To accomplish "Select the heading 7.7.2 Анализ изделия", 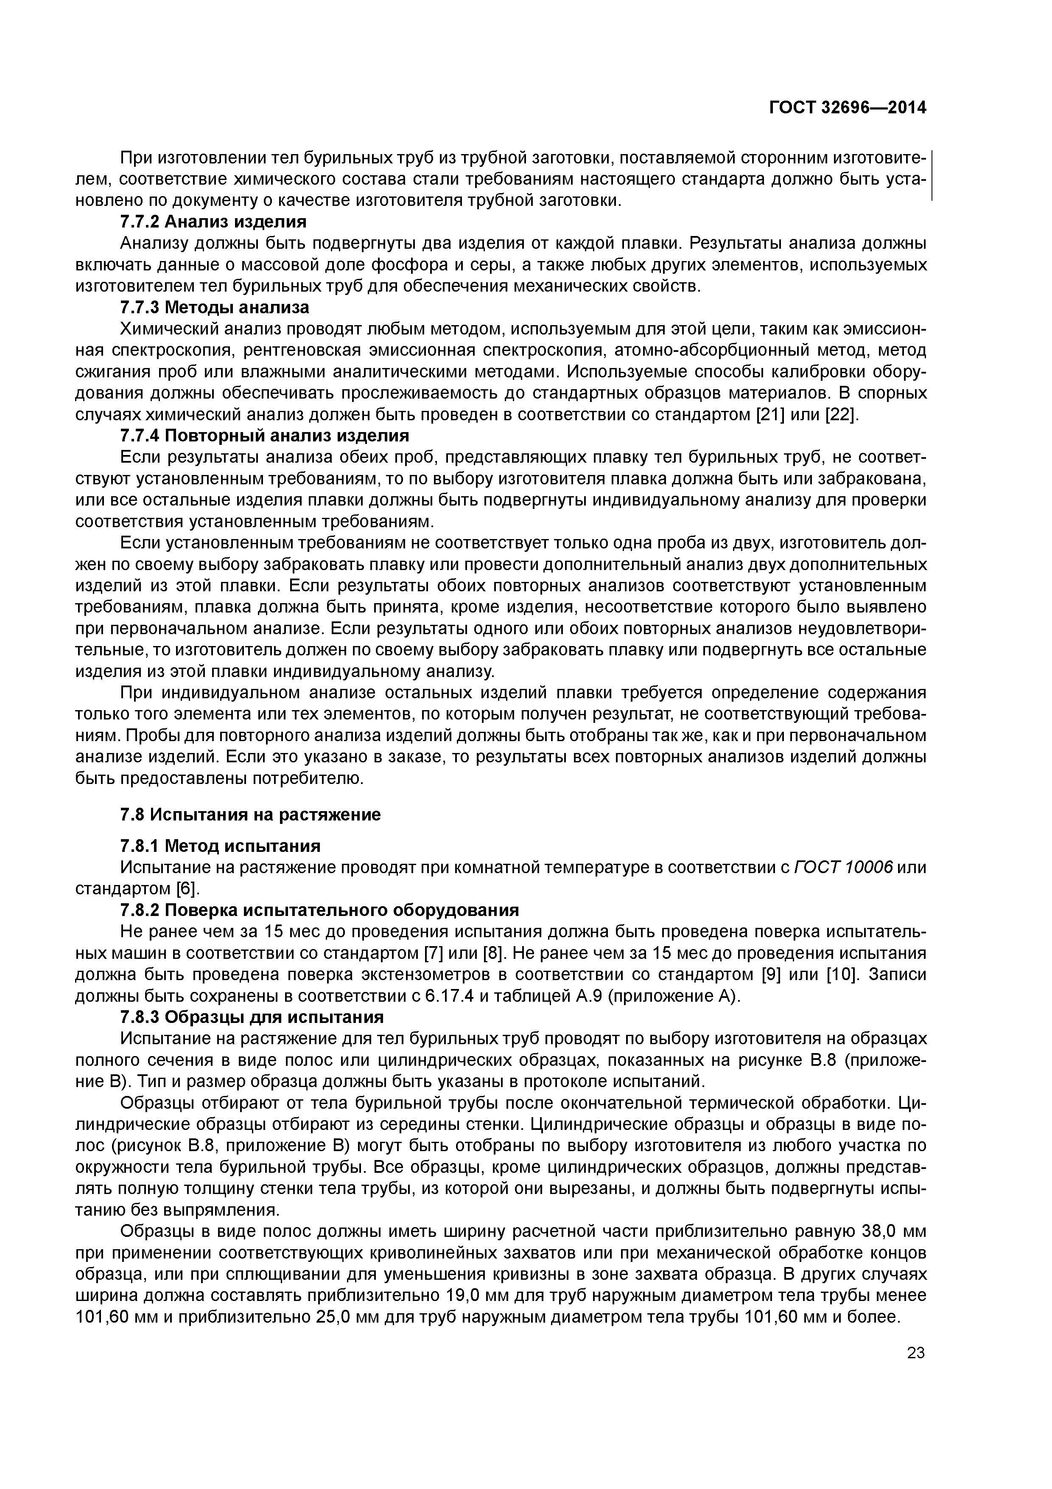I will click(x=213, y=222).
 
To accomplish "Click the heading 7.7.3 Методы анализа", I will click(x=215, y=307).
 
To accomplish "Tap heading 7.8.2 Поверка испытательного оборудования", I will click(x=319, y=910).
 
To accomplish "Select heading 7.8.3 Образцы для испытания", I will click(x=252, y=1017).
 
